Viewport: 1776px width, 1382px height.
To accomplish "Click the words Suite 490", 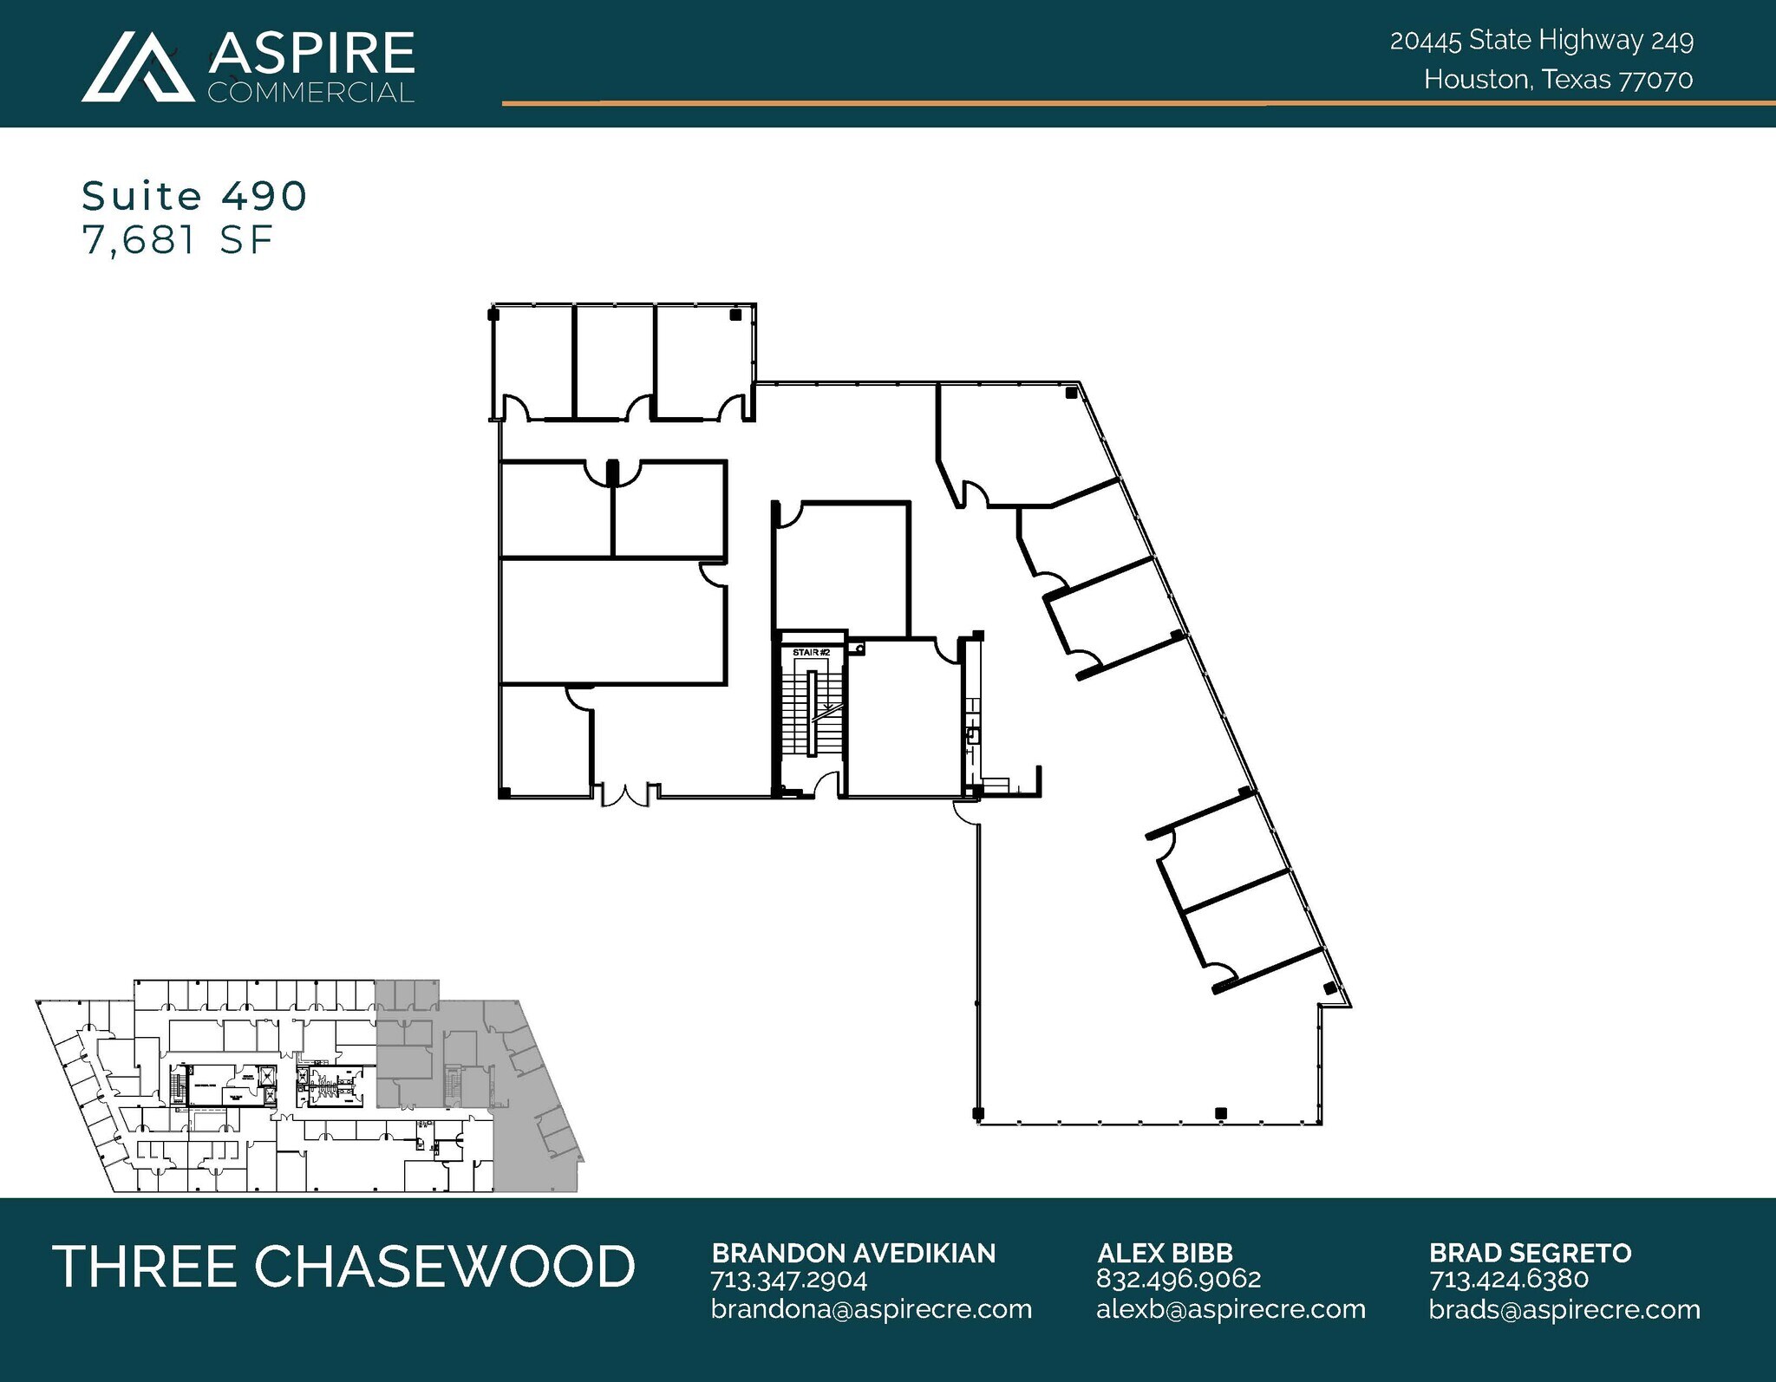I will click(x=194, y=196).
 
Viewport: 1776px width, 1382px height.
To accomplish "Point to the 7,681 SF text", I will click(x=178, y=240).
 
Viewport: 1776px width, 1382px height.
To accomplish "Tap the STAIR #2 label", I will click(x=811, y=652).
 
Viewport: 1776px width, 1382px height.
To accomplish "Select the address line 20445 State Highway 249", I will click(x=1541, y=41).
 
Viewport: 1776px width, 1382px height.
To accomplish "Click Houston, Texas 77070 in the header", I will click(x=1557, y=80).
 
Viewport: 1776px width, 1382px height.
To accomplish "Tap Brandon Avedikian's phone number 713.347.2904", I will click(x=788, y=1280).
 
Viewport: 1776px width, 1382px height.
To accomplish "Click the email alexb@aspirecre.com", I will click(x=1231, y=1309).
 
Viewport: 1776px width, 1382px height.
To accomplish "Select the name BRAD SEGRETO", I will click(x=1530, y=1253).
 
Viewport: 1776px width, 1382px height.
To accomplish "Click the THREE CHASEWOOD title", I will click(x=344, y=1267).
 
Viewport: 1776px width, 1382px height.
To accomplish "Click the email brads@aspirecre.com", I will click(x=1564, y=1309).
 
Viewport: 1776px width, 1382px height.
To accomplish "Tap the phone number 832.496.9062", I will click(x=1179, y=1279).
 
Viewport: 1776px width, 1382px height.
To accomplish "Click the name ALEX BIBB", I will click(x=1164, y=1253).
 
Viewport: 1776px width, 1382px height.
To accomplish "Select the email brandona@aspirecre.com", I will click(x=871, y=1309).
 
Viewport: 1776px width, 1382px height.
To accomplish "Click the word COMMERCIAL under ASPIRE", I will click(x=310, y=93).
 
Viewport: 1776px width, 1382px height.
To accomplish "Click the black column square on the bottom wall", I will click(x=1220, y=1113).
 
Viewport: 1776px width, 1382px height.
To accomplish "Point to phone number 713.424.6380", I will click(x=1508, y=1279).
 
